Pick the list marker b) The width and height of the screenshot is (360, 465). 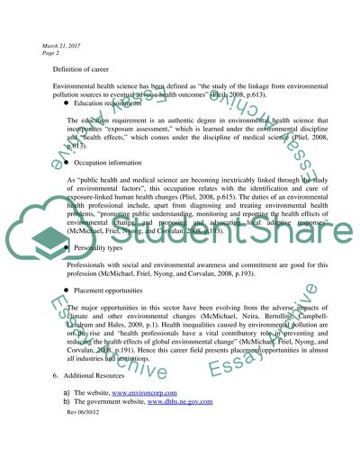tap(67, 429)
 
